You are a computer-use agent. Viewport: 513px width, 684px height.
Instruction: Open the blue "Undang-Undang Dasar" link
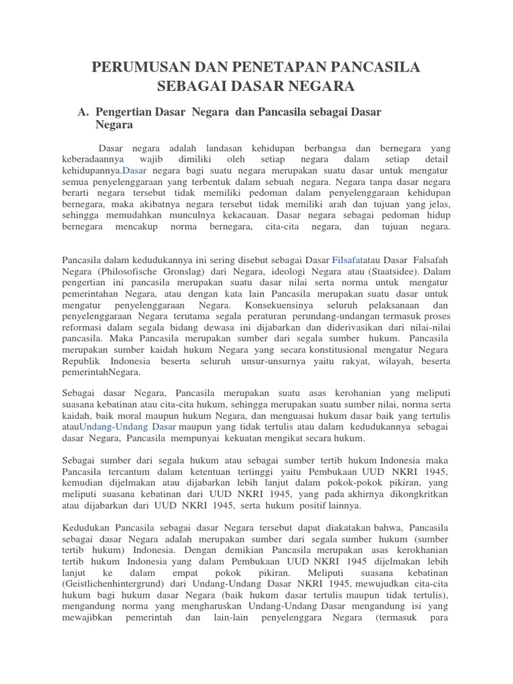point(128,425)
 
